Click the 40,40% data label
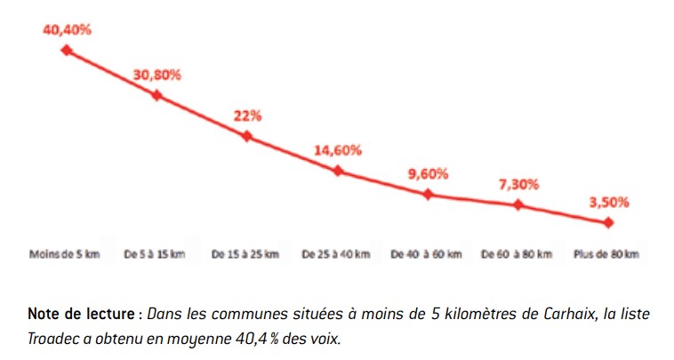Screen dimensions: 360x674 pyautogui.click(x=67, y=28)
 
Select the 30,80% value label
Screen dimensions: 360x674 pyautogui.click(x=157, y=75)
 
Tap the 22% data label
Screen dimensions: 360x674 pyautogui.click(x=247, y=116)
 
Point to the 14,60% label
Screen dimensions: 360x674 pyautogui.click(x=338, y=150)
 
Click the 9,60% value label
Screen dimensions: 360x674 pyautogui.click(x=429, y=173)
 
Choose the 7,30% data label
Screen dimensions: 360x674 pyautogui.click(x=518, y=185)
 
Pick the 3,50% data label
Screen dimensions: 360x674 pyautogui.click(x=609, y=202)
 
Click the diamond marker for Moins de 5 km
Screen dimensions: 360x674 pyautogui.click(x=66, y=50)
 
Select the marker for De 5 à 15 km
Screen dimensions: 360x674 pyautogui.click(x=157, y=94)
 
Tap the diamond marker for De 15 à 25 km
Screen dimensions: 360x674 pyautogui.click(x=247, y=136)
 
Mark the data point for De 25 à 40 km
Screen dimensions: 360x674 pyautogui.click(x=338, y=170)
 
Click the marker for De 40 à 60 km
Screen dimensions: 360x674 pyautogui.click(x=429, y=194)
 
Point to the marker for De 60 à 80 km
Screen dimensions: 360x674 pyautogui.click(x=518, y=205)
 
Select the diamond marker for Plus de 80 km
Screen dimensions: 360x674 pyautogui.click(x=609, y=222)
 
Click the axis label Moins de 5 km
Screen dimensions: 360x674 pyautogui.click(x=65, y=254)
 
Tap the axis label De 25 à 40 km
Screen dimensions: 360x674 pyautogui.click(x=336, y=254)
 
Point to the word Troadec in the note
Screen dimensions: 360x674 pyautogui.click(x=55, y=338)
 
